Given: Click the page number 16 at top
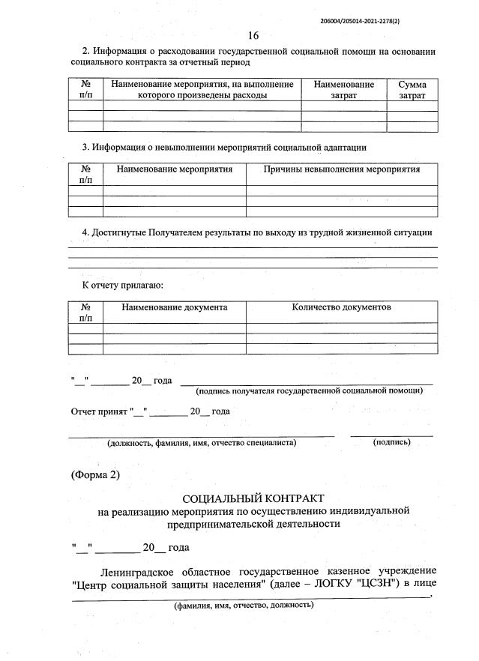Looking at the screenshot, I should coord(253,36).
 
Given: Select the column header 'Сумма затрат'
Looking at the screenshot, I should coord(412,91).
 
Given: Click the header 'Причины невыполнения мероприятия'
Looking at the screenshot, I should coord(342,169).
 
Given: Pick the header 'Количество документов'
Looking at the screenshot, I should coord(342,307).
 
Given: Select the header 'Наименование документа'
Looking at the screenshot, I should coord(175,307).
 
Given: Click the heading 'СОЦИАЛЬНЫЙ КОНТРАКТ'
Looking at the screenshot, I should coord(256,498).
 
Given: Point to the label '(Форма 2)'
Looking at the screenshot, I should coord(95,474).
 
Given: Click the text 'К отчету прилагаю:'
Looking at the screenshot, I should coord(122,285).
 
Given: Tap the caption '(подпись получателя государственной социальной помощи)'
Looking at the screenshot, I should coord(309,390).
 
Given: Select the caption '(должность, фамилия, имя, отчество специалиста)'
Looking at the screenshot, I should coord(202,442).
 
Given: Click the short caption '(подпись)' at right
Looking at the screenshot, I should coord(391,442).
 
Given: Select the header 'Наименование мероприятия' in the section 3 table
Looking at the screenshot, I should coord(175,169).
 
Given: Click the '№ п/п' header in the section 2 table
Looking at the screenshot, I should coord(85,91).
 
